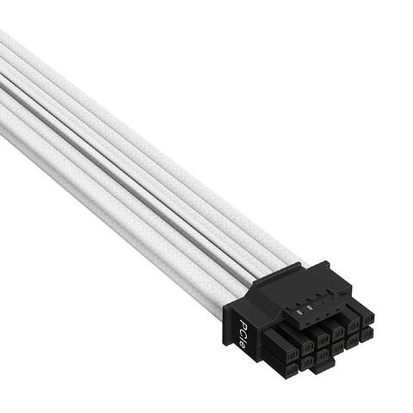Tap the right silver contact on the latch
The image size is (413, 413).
coord(309,308)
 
